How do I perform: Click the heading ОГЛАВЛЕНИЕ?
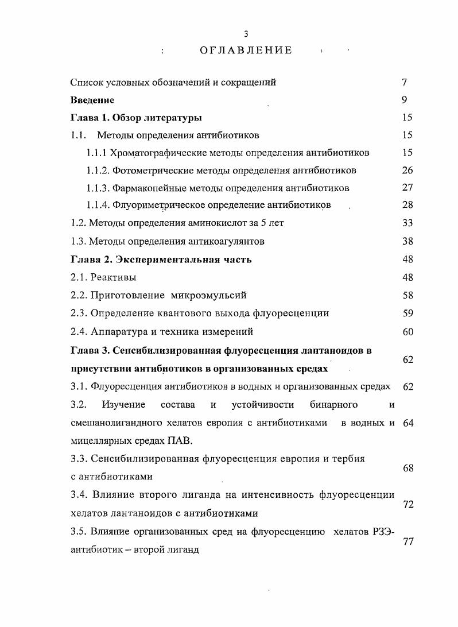click(x=246, y=51)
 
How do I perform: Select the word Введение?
click(x=92, y=100)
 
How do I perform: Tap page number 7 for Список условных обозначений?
click(x=405, y=82)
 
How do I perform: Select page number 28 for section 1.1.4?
click(x=407, y=206)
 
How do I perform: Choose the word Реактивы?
click(x=114, y=277)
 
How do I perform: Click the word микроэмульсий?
click(x=209, y=295)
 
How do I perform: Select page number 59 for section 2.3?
click(x=407, y=313)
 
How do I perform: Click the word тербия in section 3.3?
click(x=348, y=459)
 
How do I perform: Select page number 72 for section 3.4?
click(x=408, y=504)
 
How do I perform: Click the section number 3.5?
click(x=78, y=531)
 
